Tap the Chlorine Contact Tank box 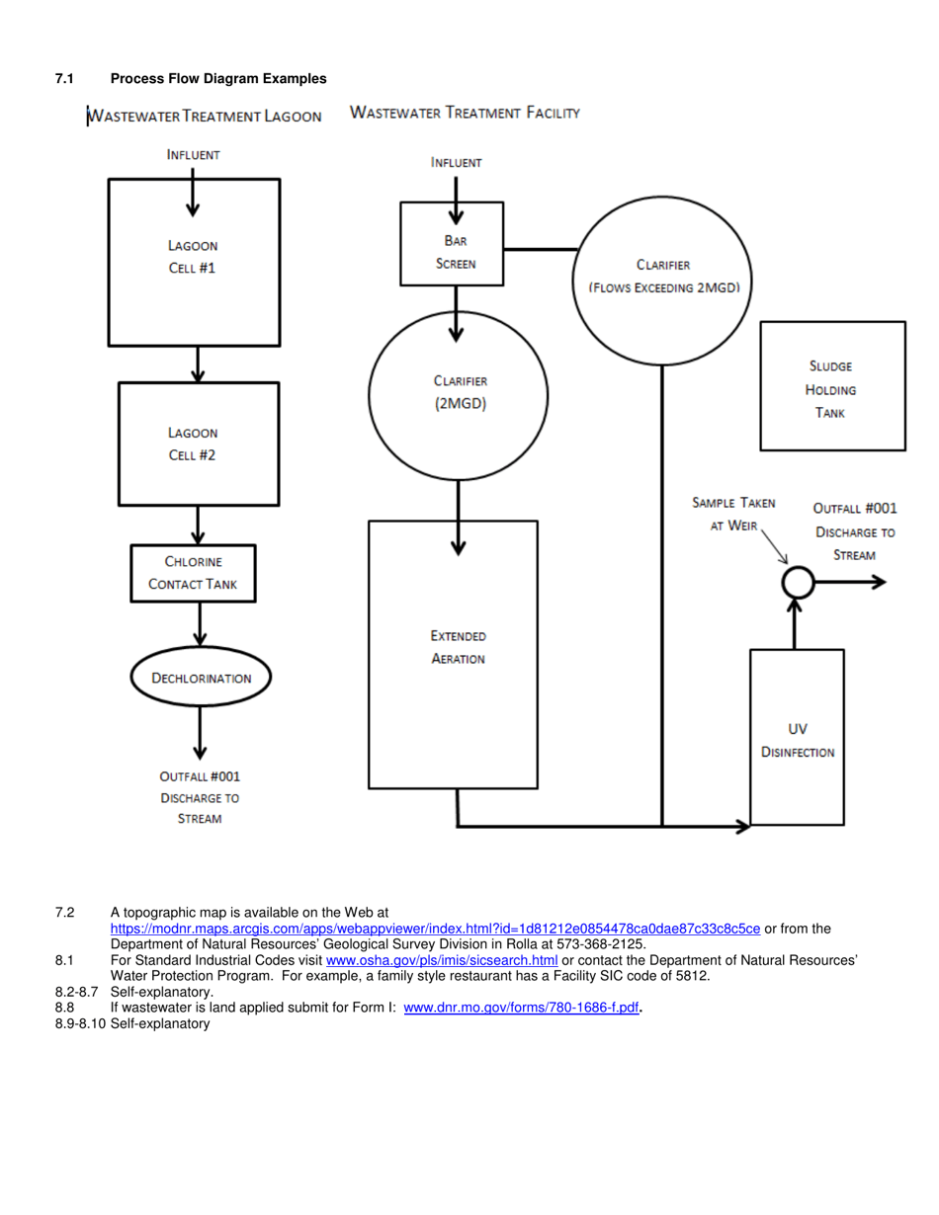[x=193, y=574]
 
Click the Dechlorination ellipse [x=201, y=678]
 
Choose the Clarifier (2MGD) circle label [x=460, y=392]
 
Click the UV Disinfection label [x=797, y=741]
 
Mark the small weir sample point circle [x=797, y=582]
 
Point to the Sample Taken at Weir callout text [x=732, y=514]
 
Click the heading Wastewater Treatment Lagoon [x=206, y=117]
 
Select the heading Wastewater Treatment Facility [x=465, y=114]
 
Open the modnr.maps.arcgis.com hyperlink [x=435, y=929]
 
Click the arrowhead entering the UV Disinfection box [x=742, y=825]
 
